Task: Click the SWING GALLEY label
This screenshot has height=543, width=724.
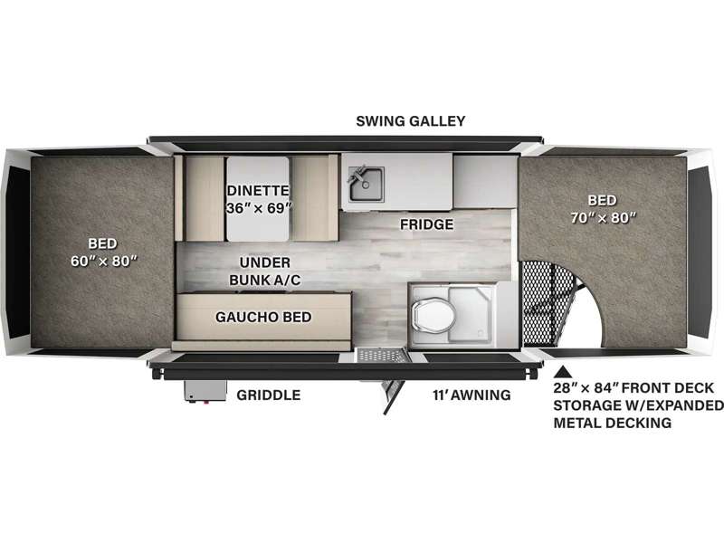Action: [x=410, y=120]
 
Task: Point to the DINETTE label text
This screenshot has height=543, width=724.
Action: [x=257, y=190]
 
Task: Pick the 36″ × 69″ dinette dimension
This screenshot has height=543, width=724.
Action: [x=257, y=207]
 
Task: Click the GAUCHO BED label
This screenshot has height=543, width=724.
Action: [x=263, y=317]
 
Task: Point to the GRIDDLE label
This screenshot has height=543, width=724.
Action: [x=269, y=395]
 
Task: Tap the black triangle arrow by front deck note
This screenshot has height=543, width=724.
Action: [x=562, y=371]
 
